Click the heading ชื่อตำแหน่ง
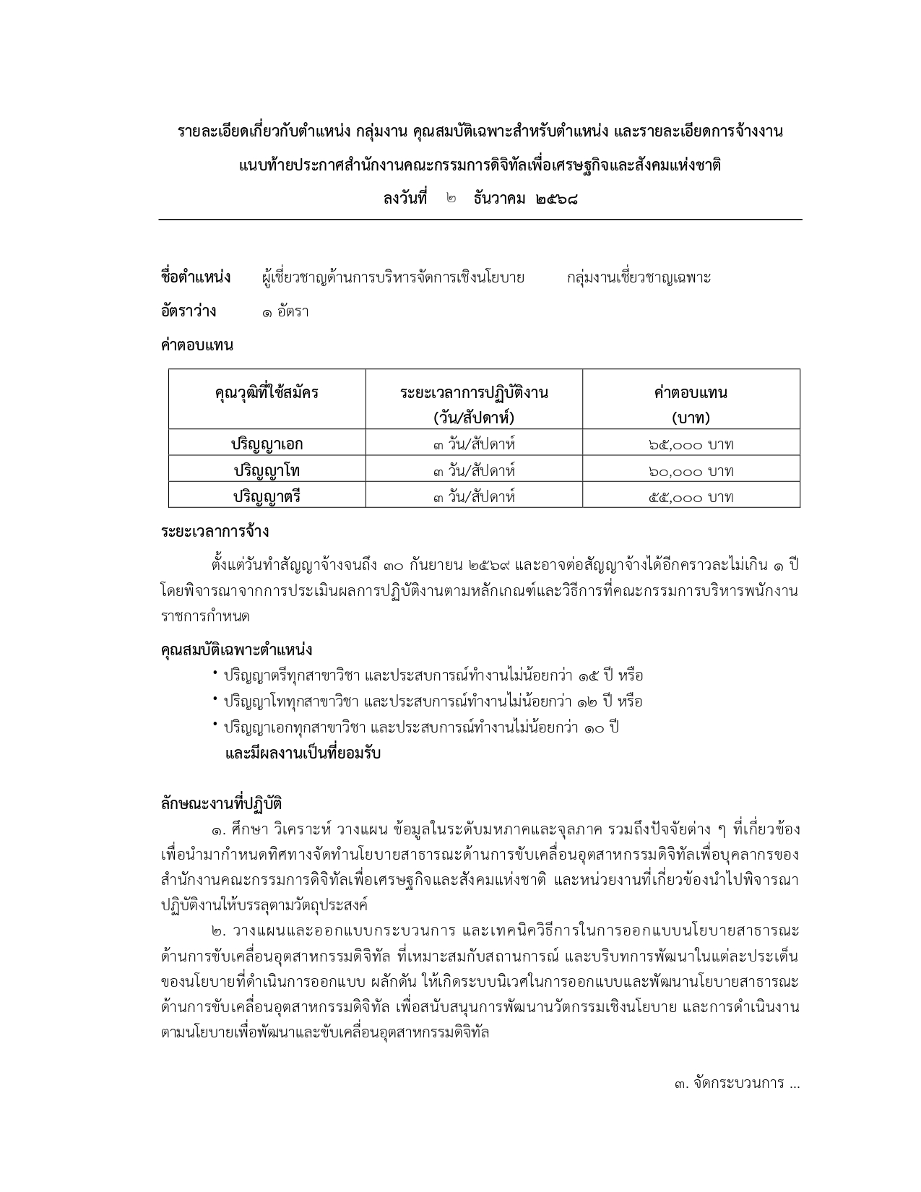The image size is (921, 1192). (x=195, y=277)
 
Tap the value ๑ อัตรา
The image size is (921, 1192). (x=285, y=312)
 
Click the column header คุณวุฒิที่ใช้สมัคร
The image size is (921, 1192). (x=267, y=393)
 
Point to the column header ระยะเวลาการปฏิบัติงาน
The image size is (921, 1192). (x=474, y=393)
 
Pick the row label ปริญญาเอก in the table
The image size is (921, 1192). (x=267, y=444)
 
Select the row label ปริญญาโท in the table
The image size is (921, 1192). (x=267, y=470)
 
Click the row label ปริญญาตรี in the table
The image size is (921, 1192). (x=267, y=496)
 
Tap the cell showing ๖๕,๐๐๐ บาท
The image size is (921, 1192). (x=691, y=444)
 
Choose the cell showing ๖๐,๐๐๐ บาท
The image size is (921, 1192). (x=691, y=471)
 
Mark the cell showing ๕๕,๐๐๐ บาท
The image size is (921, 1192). (x=691, y=497)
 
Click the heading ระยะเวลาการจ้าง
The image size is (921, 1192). (x=215, y=532)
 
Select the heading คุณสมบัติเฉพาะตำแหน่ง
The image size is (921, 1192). (x=236, y=649)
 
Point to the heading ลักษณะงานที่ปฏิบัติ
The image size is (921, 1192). (x=221, y=803)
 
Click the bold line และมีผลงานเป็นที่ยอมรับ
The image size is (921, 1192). (x=303, y=753)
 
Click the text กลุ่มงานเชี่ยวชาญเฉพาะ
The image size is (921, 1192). (x=639, y=277)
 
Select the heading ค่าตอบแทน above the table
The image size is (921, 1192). (x=196, y=345)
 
